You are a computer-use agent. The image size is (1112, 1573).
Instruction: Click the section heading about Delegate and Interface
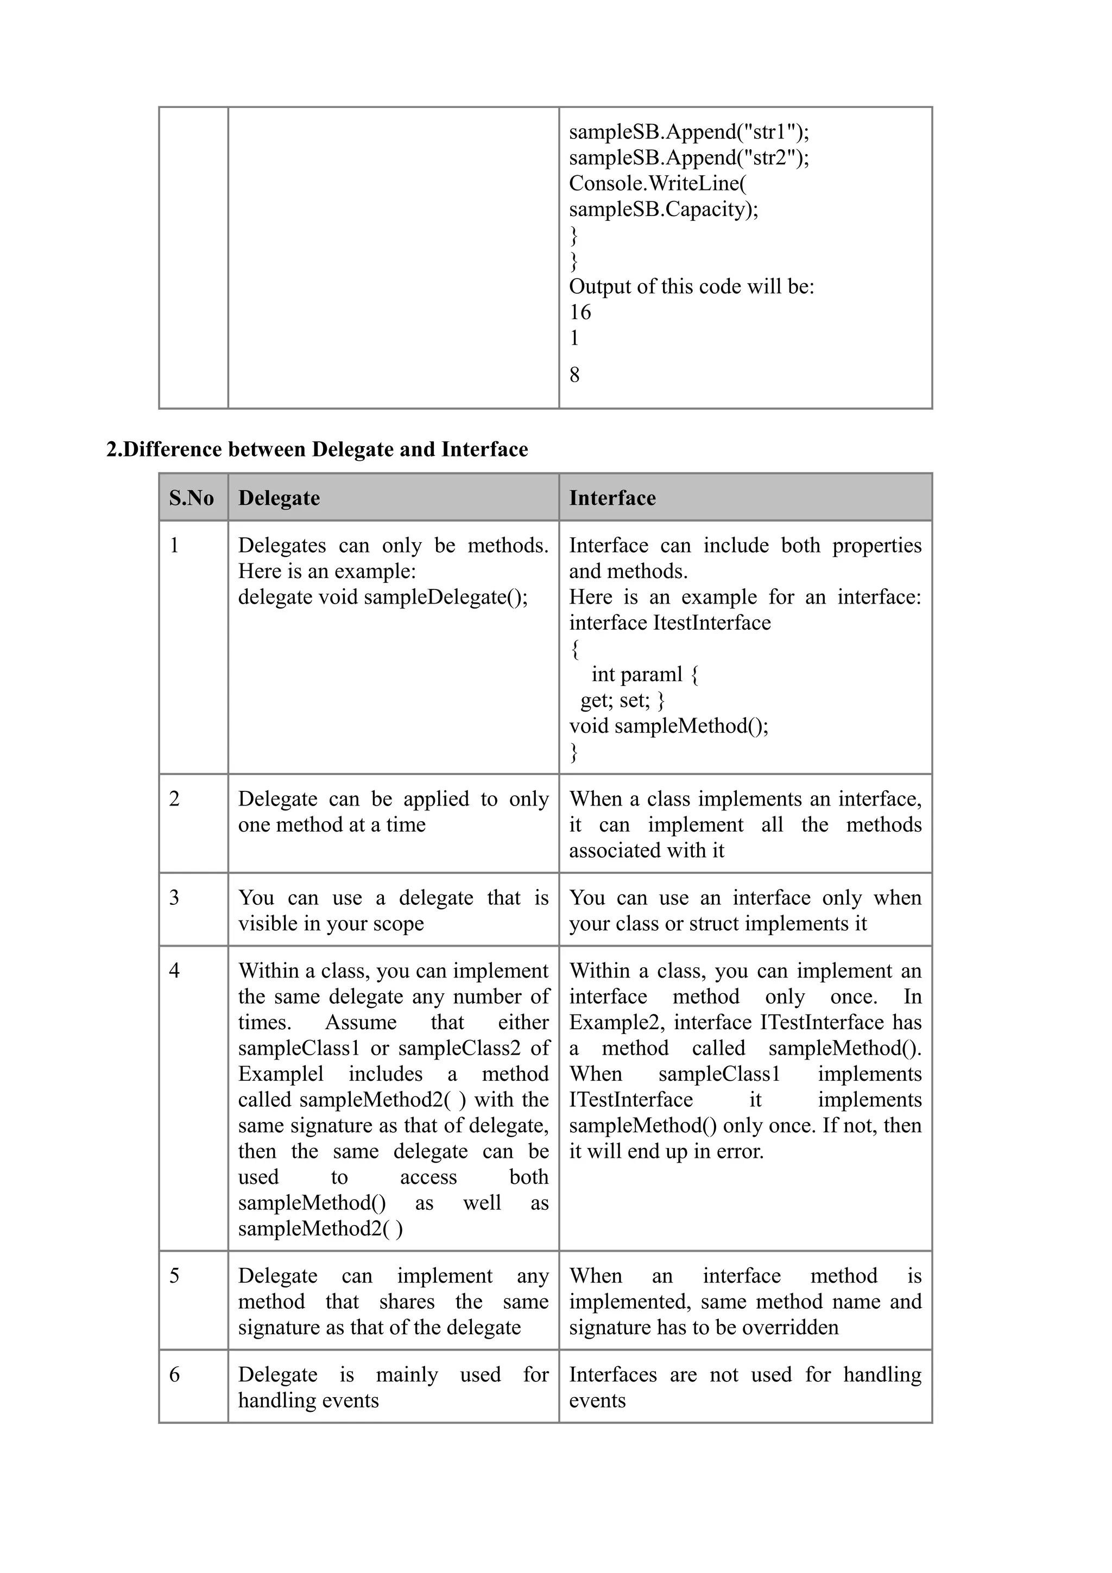click(317, 449)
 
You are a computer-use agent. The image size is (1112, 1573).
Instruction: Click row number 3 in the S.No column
click(174, 897)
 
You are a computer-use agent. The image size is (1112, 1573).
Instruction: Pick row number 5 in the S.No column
click(174, 1276)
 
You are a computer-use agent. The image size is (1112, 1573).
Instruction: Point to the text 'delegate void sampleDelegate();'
click(382, 597)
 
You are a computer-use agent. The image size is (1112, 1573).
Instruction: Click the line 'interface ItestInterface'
click(669, 623)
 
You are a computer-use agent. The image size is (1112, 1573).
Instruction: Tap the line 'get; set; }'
click(622, 700)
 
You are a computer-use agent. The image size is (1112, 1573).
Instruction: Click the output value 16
click(580, 313)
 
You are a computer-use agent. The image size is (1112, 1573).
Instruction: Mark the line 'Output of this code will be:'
click(691, 287)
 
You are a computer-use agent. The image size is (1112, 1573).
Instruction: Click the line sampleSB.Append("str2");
click(688, 157)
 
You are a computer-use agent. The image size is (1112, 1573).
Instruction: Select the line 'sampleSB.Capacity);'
click(663, 209)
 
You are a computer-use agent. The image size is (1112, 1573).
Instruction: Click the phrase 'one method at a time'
click(332, 824)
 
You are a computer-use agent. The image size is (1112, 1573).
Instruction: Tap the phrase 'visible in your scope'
click(331, 923)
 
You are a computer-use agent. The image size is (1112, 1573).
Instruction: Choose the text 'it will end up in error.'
click(666, 1151)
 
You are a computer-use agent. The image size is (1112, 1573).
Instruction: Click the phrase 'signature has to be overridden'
click(704, 1327)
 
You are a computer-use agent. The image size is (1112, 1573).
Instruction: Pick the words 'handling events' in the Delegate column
click(308, 1400)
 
